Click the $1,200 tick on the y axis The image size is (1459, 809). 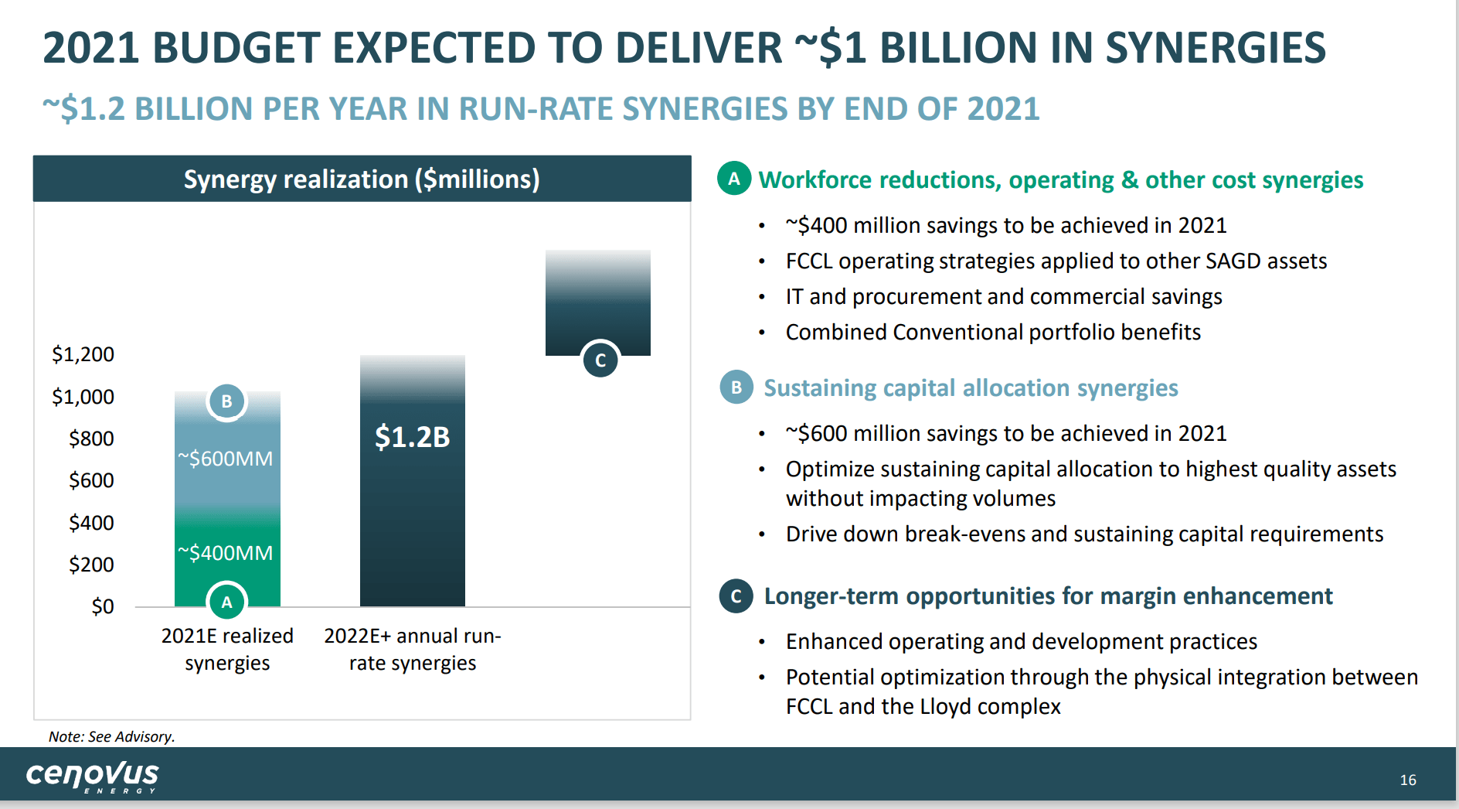pyautogui.click(x=83, y=355)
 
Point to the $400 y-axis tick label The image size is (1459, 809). pyautogui.click(x=91, y=524)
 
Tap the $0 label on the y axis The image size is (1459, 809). pyautogui.click(x=102, y=607)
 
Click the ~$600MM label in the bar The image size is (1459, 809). pyautogui.click(x=226, y=459)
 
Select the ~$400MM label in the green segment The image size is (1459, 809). pyautogui.click(x=226, y=553)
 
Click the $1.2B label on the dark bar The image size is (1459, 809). pyautogui.click(x=412, y=437)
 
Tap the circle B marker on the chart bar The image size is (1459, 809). pyautogui.click(x=227, y=401)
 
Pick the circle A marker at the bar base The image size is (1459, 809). pyautogui.click(x=226, y=602)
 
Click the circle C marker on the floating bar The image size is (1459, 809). pyautogui.click(x=600, y=360)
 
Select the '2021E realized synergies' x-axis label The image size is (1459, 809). pyautogui.click(x=227, y=650)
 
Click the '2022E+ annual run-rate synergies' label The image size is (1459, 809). pyautogui.click(x=413, y=650)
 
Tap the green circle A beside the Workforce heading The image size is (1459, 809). pyautogui.click(x=734, y=179)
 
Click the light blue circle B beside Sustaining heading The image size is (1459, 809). pyautogui.click(x=736, y=387)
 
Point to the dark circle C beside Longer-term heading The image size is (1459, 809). pyautogui.click(x=736, y=596)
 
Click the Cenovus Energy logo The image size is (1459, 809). pyautogui.click(x=92, y=775)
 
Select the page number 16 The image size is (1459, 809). pyautogui.click(x=1408, y=780)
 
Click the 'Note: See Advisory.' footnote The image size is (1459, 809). pyautogui.click(x=112, y=737)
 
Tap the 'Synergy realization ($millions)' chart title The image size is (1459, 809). pyautogui.click(x=362, y=179)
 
